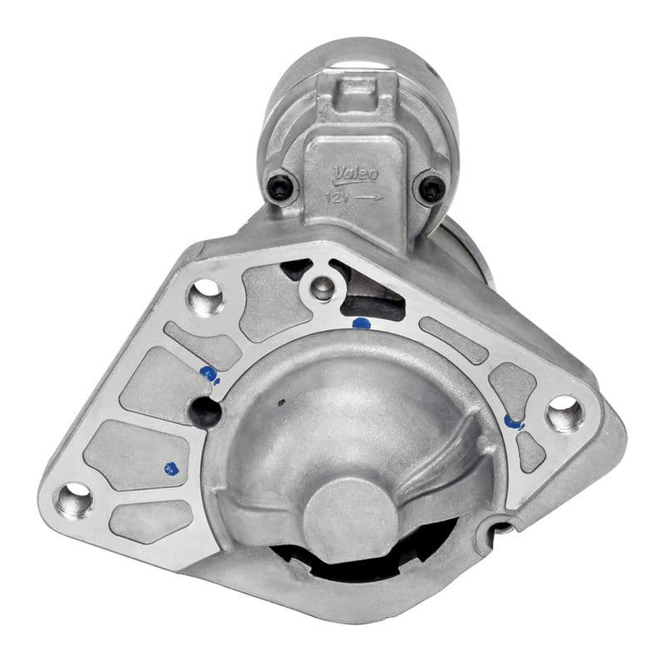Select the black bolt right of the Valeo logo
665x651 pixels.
pos(431,189)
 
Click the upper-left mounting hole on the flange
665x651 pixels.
pos(205,295)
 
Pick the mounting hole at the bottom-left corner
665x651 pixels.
pos(74,501)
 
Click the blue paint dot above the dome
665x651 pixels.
pos(361,323)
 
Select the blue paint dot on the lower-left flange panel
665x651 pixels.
pos(171,468)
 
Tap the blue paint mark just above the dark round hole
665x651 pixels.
pos(209,374)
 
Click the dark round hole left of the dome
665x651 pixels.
pos(205,410)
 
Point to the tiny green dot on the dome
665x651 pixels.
pos(281,407)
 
